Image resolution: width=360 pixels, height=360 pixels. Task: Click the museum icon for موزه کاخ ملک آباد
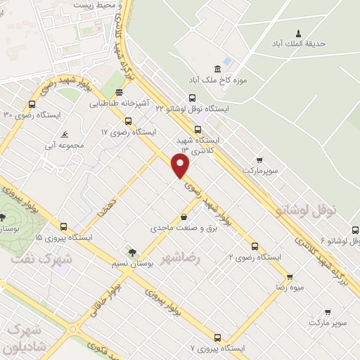[217, 68]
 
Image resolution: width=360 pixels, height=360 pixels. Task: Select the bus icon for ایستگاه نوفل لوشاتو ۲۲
[192, 99]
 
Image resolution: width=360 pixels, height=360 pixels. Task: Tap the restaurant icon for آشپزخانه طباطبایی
[119, 92]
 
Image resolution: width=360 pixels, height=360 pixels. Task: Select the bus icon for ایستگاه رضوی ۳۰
[32, 104]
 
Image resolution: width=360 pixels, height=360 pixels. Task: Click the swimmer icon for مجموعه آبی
[65, 134]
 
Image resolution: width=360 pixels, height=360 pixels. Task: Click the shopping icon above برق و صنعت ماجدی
[184, 217]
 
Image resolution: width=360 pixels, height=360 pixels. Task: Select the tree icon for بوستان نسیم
[131, 252]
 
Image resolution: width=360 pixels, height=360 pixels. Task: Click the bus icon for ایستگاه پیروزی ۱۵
[64, 226]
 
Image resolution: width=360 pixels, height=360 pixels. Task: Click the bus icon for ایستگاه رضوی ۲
[255, 247]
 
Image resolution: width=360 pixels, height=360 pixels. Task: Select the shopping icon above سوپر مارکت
[328, 311]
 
